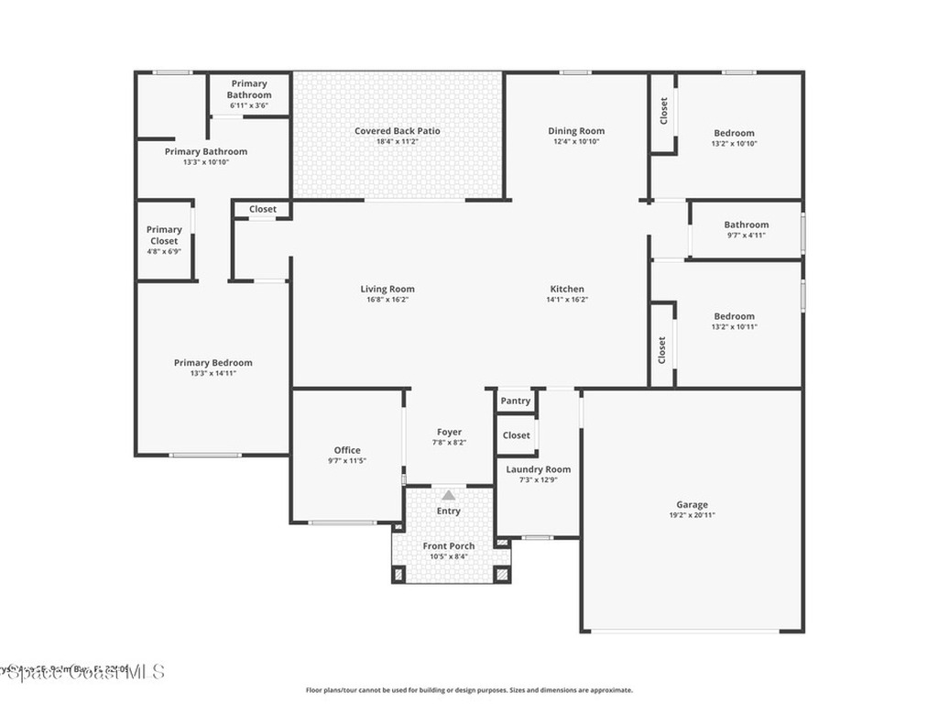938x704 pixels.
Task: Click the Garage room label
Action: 692,505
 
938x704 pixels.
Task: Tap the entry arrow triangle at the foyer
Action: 449,495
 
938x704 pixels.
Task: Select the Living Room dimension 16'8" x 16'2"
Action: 387,300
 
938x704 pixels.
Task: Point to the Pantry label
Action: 516,401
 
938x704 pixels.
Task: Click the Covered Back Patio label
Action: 398,131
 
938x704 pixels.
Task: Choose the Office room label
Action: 347,450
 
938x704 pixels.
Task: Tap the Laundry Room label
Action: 539,469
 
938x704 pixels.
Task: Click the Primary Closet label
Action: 164,236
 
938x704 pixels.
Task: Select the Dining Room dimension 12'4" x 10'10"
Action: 576,142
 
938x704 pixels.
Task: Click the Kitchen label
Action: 567,289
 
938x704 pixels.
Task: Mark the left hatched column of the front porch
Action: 398,575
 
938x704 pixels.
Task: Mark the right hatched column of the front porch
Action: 501,575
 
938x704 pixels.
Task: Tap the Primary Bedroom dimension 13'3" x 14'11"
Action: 213,373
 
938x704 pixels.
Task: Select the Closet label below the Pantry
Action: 517,435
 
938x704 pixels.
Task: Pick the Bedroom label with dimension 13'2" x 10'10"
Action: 735,133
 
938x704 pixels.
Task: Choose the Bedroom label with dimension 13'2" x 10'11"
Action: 735,316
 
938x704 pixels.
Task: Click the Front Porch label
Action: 449,546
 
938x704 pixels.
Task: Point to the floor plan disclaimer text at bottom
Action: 469,690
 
